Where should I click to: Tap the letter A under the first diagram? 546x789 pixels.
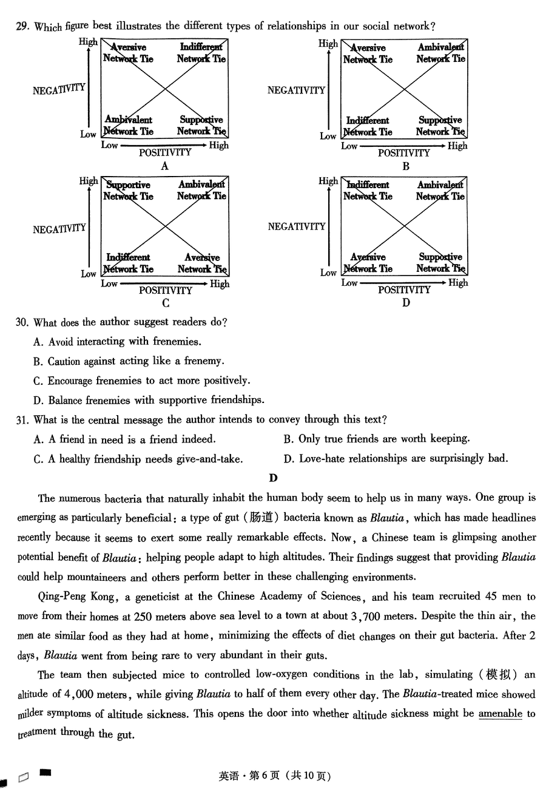164,166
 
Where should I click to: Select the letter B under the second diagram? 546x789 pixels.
406,166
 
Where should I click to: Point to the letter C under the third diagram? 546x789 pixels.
166,303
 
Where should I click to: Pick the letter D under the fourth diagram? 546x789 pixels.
406,303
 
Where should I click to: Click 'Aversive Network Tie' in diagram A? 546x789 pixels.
128,53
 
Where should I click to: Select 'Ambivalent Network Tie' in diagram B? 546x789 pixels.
441,53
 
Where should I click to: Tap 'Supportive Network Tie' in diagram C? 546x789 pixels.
128,191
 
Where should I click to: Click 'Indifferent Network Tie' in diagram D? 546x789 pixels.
368,191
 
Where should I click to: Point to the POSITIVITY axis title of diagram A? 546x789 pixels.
165,153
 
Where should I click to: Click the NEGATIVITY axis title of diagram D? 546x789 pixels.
297,226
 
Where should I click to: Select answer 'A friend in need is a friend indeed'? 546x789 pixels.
124,439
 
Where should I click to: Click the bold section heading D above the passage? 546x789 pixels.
274,478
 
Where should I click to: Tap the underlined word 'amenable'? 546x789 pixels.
500,714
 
